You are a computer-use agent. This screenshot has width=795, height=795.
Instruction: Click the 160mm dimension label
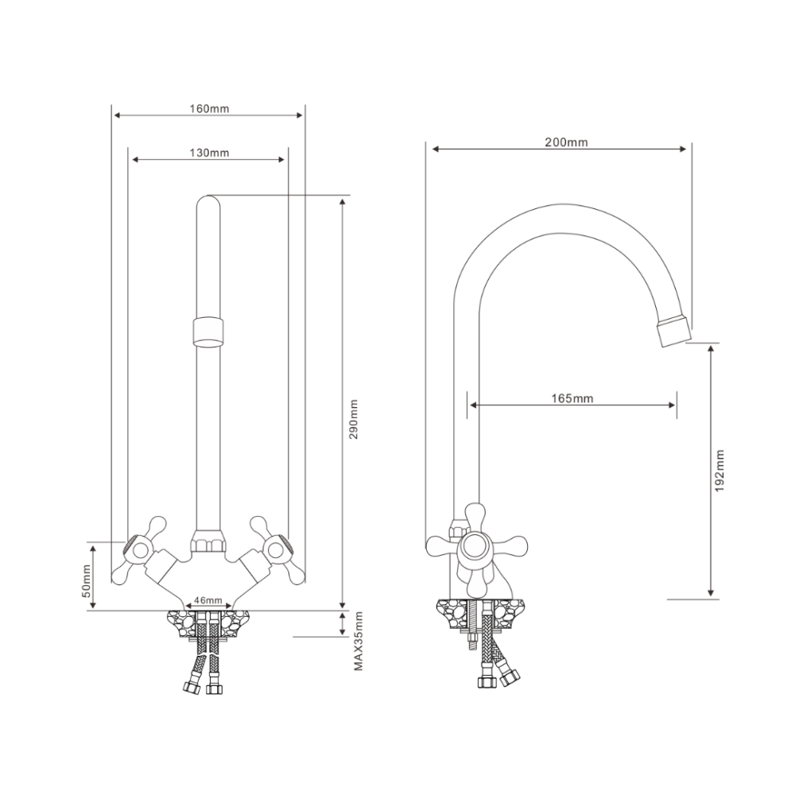tap(209, 108)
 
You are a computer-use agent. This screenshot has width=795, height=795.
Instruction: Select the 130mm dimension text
tap(209, 153)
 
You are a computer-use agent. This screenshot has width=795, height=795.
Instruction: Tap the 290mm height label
tap(354, 419)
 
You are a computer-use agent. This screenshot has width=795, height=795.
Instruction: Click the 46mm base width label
tap(208, 600)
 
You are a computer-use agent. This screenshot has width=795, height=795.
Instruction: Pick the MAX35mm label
tap(359, 642)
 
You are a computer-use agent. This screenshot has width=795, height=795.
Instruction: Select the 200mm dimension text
tap(566, 142)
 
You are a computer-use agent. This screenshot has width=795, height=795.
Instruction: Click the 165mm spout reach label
tap(572, 398)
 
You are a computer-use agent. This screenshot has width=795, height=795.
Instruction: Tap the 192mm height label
tap(719, 471)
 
